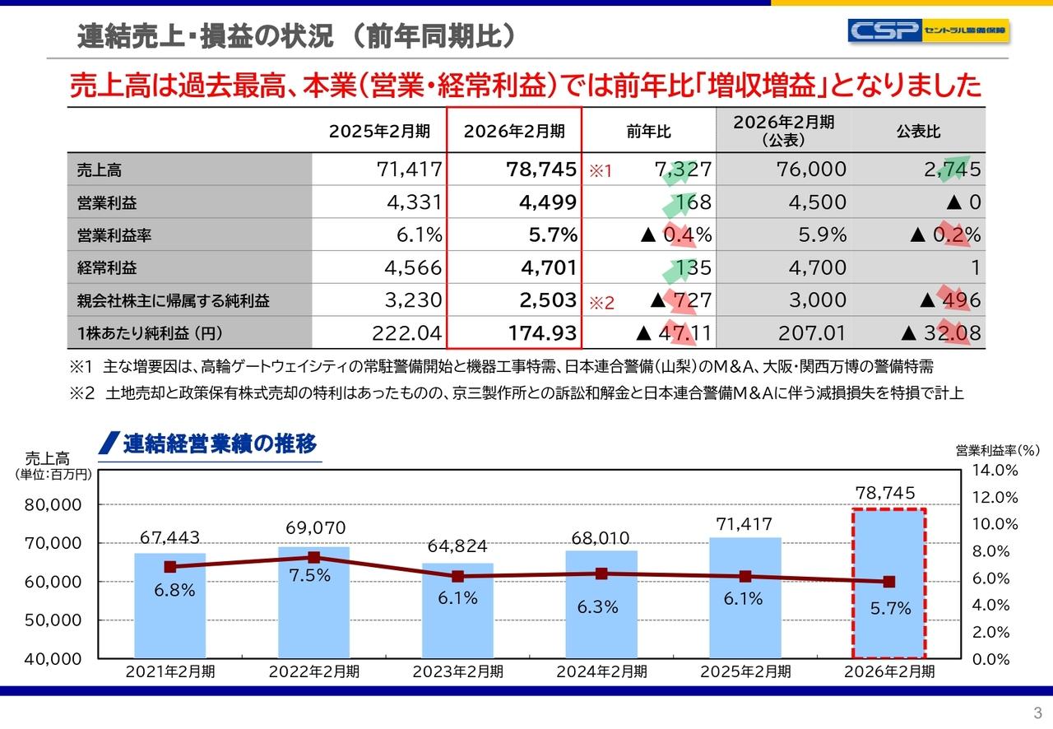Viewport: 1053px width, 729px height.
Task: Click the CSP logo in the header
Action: coord(929,31)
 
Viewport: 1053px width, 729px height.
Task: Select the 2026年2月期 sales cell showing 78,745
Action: coord(540,169)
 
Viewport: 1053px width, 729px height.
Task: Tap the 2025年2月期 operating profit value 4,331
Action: coord(414,202)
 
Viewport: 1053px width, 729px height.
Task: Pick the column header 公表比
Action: coord(918,132)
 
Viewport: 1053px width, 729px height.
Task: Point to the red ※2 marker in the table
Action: coord(602,303)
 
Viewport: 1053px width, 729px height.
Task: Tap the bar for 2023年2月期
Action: coord(457,613)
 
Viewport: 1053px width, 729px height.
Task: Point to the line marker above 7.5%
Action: coord(313,557)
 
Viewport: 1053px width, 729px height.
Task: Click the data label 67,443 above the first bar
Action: coord(170,537)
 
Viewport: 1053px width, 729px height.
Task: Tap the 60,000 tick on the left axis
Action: coord(57,582)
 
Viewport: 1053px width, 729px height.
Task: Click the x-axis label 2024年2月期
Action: coord(601,671)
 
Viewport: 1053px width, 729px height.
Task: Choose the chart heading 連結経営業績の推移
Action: coord(219,444)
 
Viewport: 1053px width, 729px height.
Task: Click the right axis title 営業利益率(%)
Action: coord(997,450)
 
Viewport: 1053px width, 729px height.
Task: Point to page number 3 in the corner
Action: coord(1037,713)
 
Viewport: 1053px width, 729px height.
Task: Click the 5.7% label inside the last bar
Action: coord(890,609)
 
